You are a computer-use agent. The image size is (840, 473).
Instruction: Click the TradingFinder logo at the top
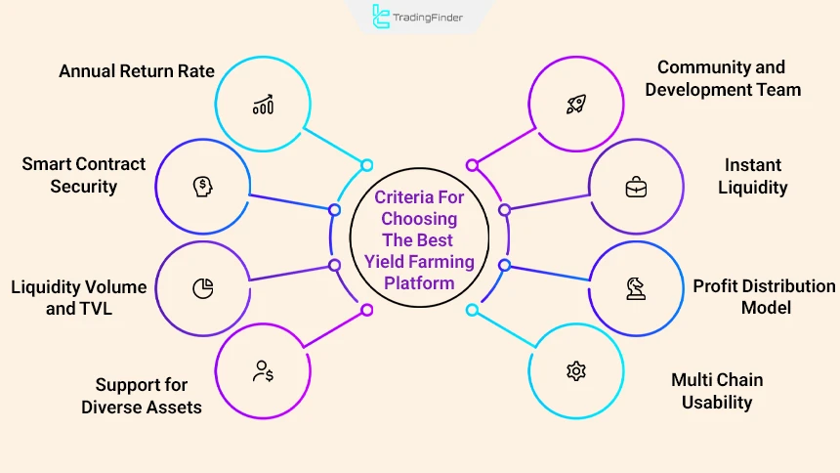(420, 17)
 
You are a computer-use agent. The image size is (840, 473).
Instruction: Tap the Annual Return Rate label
(137, 71)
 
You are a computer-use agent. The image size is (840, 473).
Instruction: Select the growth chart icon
(262, 105)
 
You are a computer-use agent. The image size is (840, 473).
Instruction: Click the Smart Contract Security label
(84, 175)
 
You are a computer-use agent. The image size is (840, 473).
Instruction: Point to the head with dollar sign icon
(202, 186)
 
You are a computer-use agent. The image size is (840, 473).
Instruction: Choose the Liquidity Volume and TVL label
(79, 297)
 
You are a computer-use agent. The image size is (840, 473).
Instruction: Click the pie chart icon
(203, 288)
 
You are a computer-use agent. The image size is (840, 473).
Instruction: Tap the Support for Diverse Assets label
(142, 395)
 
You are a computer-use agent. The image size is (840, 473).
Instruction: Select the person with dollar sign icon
(262, 371)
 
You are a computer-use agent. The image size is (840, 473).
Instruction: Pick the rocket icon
(575, 105)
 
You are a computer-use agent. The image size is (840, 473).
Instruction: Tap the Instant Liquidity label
(753, 175)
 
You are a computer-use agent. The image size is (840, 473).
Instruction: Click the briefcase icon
(636, 187)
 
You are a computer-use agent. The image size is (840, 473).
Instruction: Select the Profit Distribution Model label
(764, 296)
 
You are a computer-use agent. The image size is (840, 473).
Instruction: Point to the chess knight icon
(635, 288)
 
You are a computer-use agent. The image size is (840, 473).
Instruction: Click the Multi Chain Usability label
(717, 390)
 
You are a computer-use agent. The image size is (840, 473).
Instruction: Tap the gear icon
(575, 370)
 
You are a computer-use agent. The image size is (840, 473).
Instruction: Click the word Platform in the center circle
(419, 283)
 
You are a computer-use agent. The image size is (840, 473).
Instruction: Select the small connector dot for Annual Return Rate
(367, 165)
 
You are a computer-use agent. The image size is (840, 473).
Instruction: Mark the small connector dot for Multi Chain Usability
(472, 310)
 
